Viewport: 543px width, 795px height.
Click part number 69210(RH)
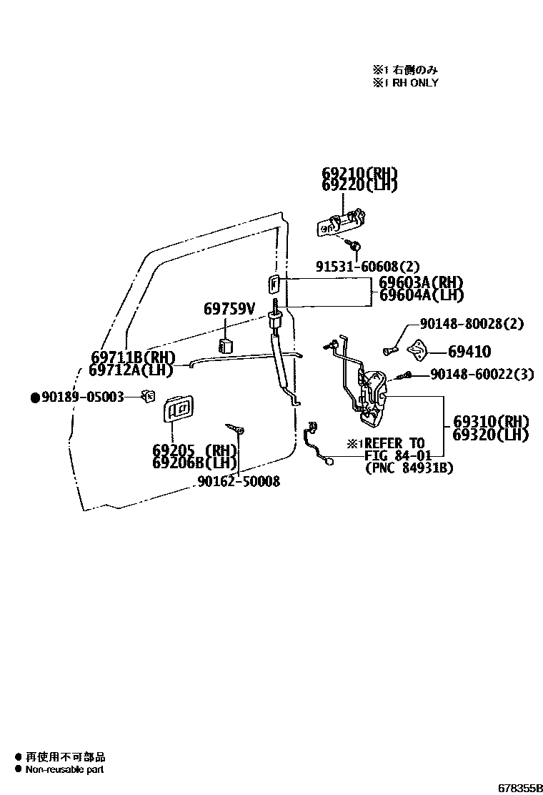pyautogui.click(x=359, y=174)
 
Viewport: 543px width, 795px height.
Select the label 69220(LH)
pyautogui.click(x=359, y=186)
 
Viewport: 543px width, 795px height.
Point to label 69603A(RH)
pyautogui.click(x=421, y=282)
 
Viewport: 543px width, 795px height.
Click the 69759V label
pyautogui.click(x=229, y=309)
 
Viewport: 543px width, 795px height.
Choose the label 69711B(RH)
pyautogui.click(x=134, y=357)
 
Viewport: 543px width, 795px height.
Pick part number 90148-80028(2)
pyautogui.click(x=472, y=324)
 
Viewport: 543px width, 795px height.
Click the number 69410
pyautogui.click(x=469, y=352)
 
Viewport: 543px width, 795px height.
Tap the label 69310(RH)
pyautogui.click(x=491, y=422)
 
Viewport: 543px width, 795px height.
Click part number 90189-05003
pyautogui.click(x=82, y=396)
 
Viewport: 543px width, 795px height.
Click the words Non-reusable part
pyautogui.click(x=64, y=769)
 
